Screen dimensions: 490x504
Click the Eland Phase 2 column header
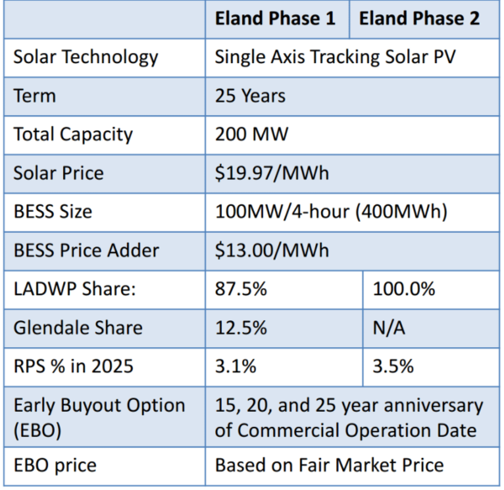tap(428, 19)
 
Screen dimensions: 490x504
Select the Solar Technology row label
tap(86, 57)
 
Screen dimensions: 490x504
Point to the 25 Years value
tap(250, 96)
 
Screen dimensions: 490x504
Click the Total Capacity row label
tap(73, 134)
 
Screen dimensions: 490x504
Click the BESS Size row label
tap(59, 212)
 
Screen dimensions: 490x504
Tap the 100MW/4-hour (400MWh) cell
tap(331, 212)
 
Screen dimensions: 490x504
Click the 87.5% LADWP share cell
tap(241, 289)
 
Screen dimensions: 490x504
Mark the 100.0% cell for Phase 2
tap(404, 289)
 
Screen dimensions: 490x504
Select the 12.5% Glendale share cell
tap(241, 328)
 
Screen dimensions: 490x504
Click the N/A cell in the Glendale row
tap(389, 328)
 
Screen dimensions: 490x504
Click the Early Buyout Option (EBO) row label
tap(99, 417)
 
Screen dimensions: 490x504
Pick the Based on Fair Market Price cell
tap(329, 465)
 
